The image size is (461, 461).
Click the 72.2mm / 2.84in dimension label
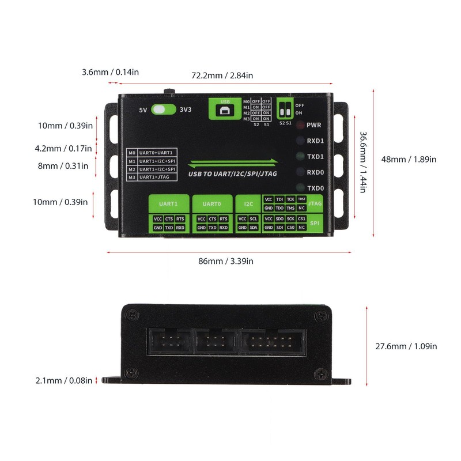tap(222, 75)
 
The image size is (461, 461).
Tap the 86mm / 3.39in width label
tap(225, 261)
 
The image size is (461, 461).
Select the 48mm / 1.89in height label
tap(409, 159)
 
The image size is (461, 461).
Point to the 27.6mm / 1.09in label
tap(406, 346)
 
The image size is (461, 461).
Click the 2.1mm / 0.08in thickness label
tap(63, 380)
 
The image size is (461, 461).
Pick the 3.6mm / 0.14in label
tap(110, 72)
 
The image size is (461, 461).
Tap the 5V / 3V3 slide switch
tap(163, 109)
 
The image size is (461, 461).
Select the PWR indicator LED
tap(299, 125)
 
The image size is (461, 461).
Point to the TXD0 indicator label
tap(316, 188)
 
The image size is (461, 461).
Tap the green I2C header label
tap(248, 203)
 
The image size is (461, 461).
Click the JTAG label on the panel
tap(315, 203)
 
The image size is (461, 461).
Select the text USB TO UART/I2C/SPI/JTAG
tap(233, 173)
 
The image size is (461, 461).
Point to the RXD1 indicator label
tap(316, 141)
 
